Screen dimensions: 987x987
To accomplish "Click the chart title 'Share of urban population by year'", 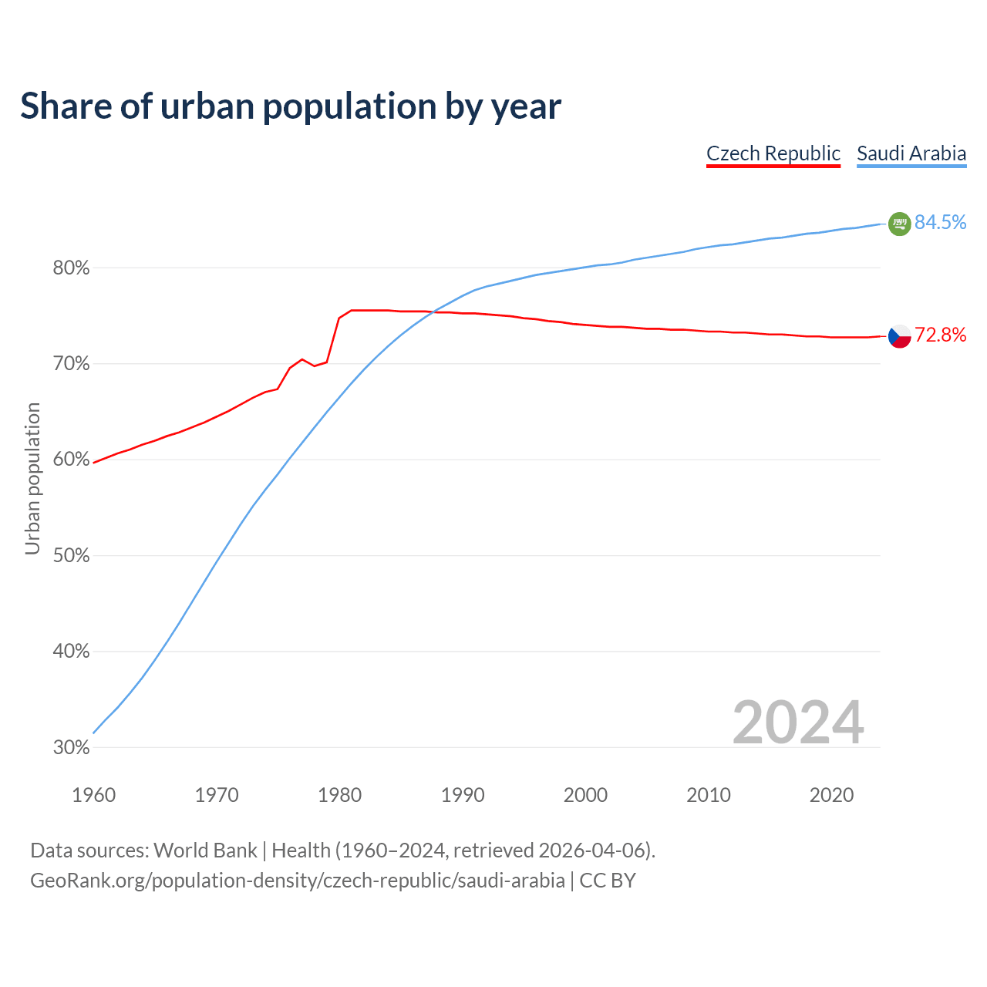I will coord(291,106).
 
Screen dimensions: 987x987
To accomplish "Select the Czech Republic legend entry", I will coord(773,153).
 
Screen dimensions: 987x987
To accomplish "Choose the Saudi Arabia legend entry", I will coord(911,153).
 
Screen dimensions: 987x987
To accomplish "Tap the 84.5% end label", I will coord(940,222).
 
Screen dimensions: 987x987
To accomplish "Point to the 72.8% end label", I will coord(940,335).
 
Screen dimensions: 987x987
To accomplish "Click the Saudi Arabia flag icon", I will coord(899,224).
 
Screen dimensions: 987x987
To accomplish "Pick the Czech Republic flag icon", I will coord(899,336).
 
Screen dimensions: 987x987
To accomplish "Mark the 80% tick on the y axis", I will coord(71,268).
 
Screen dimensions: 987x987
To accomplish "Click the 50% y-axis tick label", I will coord(71,556).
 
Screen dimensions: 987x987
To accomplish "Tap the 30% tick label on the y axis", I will coord(71,748).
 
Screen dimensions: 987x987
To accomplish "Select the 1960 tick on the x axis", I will coord(93,795).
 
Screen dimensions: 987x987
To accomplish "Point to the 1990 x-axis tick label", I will coord(463,795).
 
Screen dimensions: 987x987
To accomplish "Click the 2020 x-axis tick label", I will coord(831,795).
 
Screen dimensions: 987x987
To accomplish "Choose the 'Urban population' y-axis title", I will coord(32,478).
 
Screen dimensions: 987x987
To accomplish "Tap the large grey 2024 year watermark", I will coord(798,723).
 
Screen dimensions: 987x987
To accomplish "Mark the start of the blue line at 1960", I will coord(94,732).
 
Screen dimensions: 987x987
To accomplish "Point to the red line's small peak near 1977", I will coord(302,359).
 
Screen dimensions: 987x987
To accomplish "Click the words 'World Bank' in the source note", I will coord(205,851).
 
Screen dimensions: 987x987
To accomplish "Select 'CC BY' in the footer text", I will coord(608,881).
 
